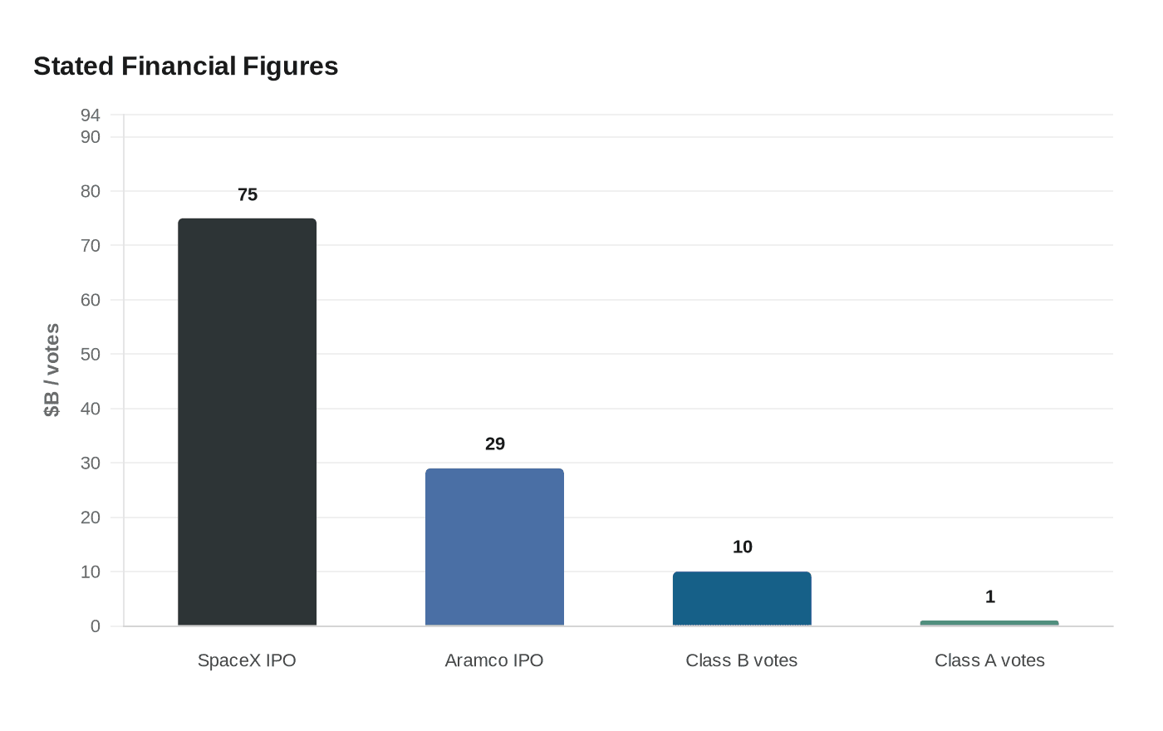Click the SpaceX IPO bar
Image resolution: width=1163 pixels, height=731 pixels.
pyautogui.click(x=247, y=422)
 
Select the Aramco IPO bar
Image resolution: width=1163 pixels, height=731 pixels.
pyautogui.click(x=494, y=547)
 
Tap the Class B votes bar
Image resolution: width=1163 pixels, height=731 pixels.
pyautogui.click(x=742, y=598)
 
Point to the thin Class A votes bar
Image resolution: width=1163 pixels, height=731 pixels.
pyautogui.click(x=989, y=623)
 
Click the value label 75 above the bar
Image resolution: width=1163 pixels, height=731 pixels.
pyautogui.click(x=248, y=194)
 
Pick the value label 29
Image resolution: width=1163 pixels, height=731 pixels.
pyautogui.click(x=495, y=444)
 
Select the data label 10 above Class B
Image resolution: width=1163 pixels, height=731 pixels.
pyautogui.click(x=743, y=547)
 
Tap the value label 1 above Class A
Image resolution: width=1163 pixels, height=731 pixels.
pyautogui.click(x=990, y=596)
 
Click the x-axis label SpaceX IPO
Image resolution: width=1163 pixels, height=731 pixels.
pyautogui.click(x=247, y=660)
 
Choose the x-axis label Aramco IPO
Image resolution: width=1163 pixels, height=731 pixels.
pyautogui.click(x=494, y=660)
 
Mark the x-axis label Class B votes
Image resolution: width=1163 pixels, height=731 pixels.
pyautogui.click(x=742, y=660)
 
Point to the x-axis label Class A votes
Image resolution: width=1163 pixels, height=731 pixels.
pyautogui.click(x=989, y=660)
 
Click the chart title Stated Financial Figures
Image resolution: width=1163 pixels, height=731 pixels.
pyautogui.click(x=186, y=66)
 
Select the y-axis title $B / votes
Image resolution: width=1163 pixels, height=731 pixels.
pyautogui.click(x=52, y=370)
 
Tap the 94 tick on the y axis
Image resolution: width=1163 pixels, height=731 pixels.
pyautogui.click(x=91, y=115)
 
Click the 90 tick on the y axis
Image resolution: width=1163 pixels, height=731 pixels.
pyautogui.click(x=91, y=136)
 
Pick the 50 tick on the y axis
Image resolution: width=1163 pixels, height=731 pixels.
pyautogui.click(x=91, y=354)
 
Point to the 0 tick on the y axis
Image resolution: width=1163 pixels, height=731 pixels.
pyautogui.click(x=96, y=626)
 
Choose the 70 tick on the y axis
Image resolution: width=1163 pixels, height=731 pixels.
pyautogui.click(x=91, y=245)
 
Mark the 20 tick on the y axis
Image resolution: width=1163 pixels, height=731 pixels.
pyautogui.click(x=91, y=518)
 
